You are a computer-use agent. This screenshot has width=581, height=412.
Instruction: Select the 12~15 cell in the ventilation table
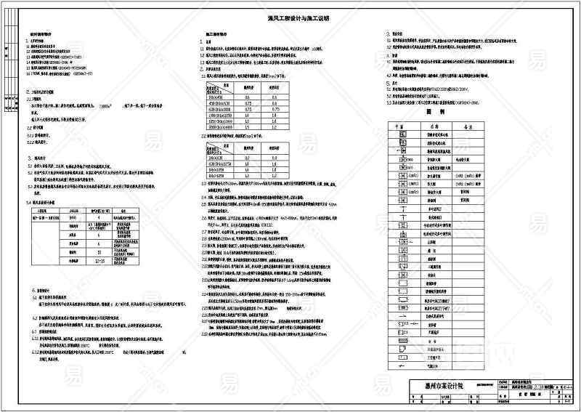point(102,259)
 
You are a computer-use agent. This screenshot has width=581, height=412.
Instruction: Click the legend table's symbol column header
point(398,124)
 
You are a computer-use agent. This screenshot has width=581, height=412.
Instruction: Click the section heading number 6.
point(34,289)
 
